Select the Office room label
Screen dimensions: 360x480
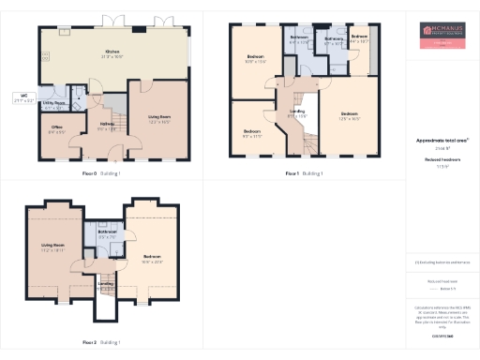point(56,128)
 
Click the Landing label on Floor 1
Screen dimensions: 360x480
point(296,113)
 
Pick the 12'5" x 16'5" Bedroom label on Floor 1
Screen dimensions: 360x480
point(350,115)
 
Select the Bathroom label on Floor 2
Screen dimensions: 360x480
point(106,233)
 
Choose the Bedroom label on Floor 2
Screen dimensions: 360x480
point(152,258)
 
